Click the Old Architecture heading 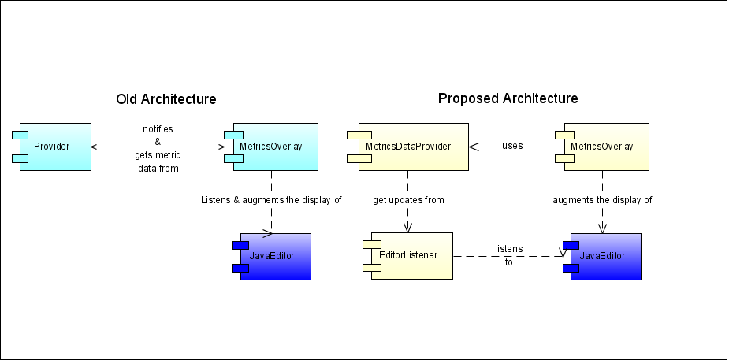pyautogui.click(x=166, y=99)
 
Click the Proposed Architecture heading pyautogui.click(x=508, y=98)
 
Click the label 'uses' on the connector pyautogui.click(x=512, y=146)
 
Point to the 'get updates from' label pyautogui.click(x=408, y=200)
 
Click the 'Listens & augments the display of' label pyautogui.click(x=272, y=200)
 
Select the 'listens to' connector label pyautogui.click(x=509, y=255)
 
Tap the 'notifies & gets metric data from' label pyautogui.click(x=158, y=149)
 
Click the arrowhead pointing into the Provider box pyautogui.click(x=95, y=147)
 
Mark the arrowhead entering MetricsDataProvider pyautogui.click(x=474, y=147)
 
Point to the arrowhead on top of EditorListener pyautogui.click(x=408, y=227)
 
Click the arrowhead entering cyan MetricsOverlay pyautogui.click(x=221, y=147)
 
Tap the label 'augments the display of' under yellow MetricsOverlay pyautogui.click(x=603, y=200)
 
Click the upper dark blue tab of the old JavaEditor pyautogui.click(x=241, y=246)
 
